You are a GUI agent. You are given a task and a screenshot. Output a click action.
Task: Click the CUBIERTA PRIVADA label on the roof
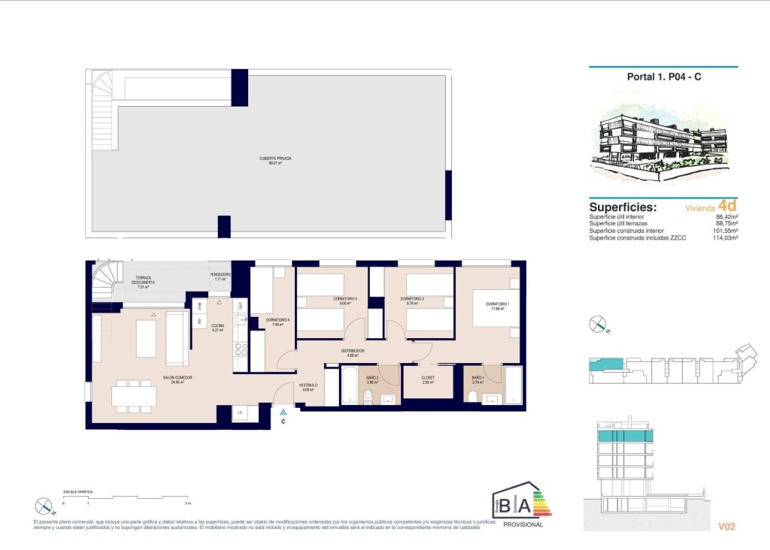coord(274,159)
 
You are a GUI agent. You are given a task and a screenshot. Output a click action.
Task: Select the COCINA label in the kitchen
coord(218,327)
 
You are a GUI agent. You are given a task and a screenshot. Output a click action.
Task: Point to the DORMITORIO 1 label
coord(486,305)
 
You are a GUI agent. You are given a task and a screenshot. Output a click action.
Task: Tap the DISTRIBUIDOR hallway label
coord(353,352)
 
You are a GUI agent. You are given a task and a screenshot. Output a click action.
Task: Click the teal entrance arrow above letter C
coord(283,412)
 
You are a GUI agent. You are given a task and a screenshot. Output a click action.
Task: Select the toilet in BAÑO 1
coord(471,397)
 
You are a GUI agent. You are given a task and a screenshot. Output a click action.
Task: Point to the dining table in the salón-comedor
coord(135,395)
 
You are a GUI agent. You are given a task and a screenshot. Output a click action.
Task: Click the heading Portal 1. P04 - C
coord(664,77)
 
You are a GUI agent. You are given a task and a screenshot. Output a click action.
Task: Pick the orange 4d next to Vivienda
coord(726,205)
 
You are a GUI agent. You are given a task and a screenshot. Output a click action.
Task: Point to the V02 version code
coord(726,527)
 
